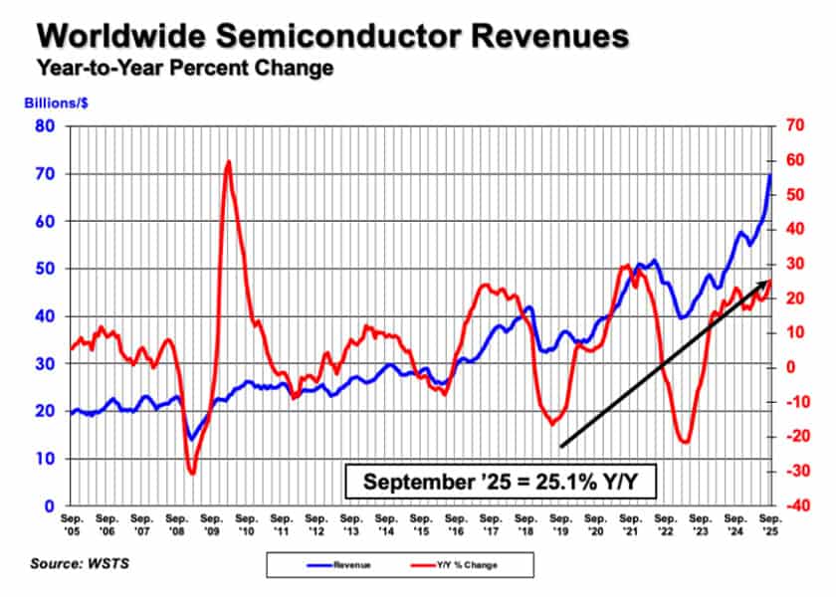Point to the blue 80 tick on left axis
[45, 126]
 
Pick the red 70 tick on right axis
[793, 126]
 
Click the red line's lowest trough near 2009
[192, 473]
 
